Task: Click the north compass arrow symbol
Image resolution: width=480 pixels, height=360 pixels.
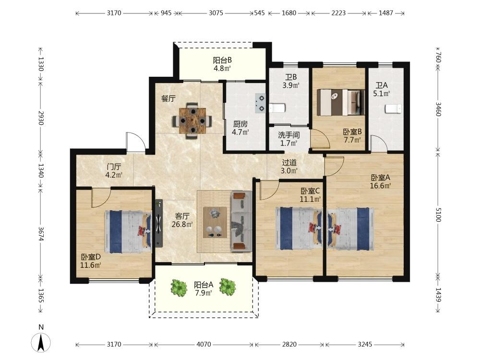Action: click(41, 342)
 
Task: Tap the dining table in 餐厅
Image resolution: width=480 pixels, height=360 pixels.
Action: click(192, 120)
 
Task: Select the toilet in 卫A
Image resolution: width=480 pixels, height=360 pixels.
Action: click(393, 108)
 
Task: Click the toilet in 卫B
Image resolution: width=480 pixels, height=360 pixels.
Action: click(277, 108)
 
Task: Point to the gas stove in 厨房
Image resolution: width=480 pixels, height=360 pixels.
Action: click(261, 103)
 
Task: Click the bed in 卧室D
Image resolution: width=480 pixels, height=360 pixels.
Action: click(128, 231)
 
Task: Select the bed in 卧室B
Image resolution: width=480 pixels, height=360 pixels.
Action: click(340, 102)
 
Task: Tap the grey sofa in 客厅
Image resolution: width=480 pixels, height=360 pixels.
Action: click(241, 221)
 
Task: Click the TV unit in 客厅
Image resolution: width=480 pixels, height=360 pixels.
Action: click(158, 223)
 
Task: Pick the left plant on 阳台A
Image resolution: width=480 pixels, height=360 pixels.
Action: click(179, 288)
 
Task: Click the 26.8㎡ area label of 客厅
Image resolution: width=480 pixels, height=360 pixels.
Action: click(182, 225)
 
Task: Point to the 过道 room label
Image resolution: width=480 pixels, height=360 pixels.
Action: click(289, 163)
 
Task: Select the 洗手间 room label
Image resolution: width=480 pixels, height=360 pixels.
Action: click(288, 135)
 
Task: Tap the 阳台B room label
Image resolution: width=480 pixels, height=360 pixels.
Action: click(222, 60)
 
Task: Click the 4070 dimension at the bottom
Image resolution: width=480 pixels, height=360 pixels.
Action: click(204, 344)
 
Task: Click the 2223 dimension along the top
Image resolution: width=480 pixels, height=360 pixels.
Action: click(338, 13)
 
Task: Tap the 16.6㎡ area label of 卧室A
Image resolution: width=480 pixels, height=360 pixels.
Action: click(381, 186)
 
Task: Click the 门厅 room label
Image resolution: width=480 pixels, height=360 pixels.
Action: click(114, 167)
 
